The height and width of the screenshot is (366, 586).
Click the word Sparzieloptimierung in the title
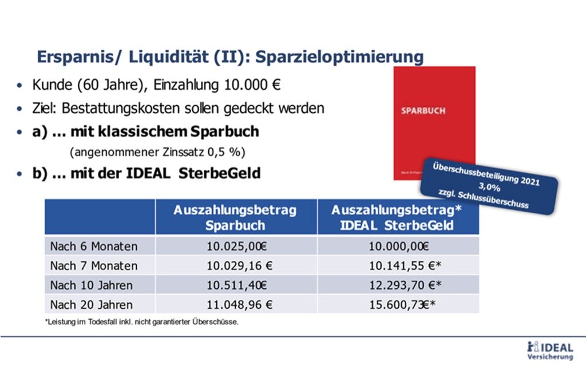(339, 57)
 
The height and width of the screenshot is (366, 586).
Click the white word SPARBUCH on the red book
(423, 110)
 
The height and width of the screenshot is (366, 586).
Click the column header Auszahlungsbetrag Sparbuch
(235, 217)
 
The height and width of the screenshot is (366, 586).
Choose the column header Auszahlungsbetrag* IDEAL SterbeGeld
(397, 217)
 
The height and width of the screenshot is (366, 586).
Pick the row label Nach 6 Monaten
(94, 246)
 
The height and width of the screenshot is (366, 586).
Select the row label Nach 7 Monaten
(94, 266)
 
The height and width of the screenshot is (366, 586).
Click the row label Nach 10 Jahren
(92, 285)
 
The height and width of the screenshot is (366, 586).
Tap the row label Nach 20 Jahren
(92, 304)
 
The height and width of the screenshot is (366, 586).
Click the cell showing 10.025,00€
(235, 246)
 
